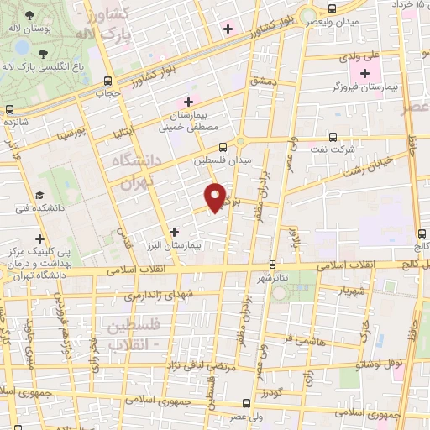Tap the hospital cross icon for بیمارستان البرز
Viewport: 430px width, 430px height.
pyautogui.click(x=174, y=232)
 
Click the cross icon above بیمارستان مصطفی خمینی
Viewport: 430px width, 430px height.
pyautogui.click(x=189, y=102)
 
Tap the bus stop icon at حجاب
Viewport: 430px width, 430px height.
pyautogui.click(x=107, y=81)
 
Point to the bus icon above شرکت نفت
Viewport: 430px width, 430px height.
pyautogui.click(x=333, y=137)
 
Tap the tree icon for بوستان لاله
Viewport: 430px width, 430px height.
pyautogui.click(x=30, y=17)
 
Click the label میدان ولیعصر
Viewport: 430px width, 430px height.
pyautogui.click(x=332, y=20)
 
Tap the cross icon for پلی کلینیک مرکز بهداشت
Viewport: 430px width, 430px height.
pyautogui.click(x=39, y=239)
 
